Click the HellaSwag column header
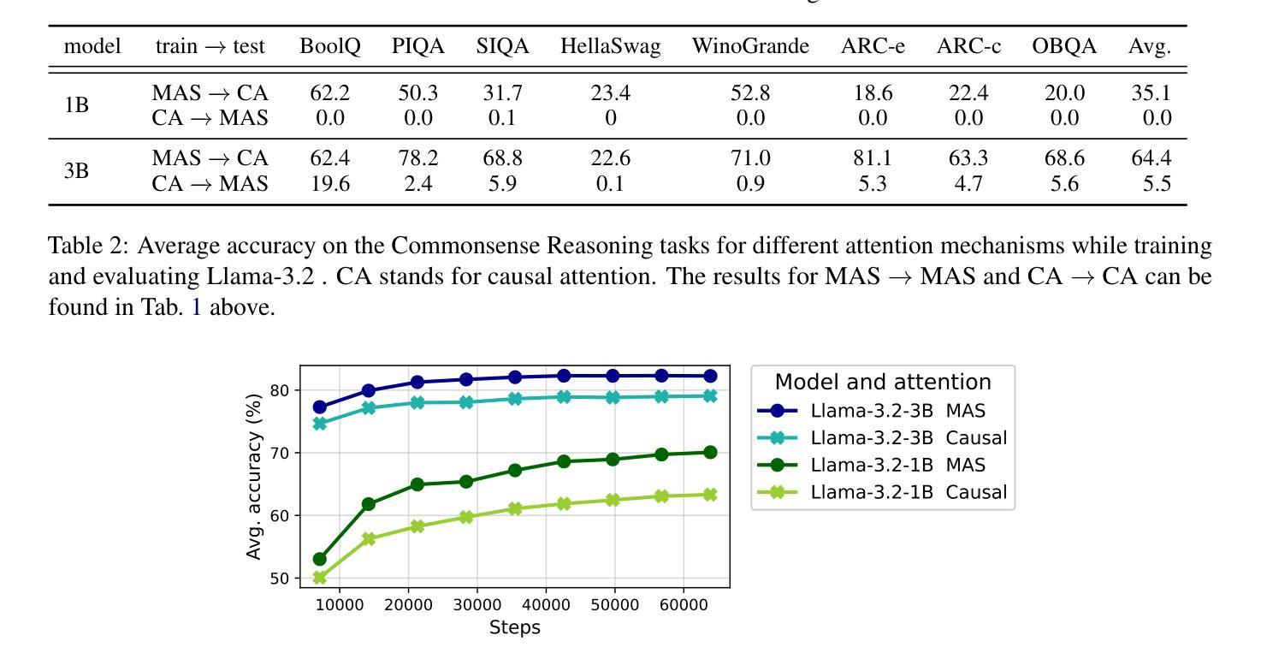point(610,46)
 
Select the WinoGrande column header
point(750,45)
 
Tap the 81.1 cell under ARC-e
point(873,158)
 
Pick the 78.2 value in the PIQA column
point(417,158)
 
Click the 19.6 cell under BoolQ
point(330,183)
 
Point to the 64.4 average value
point(1151,158)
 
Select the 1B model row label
point(76,105)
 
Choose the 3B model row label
point(76,170)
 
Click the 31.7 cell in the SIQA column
point(503,93)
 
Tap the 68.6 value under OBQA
point(1064,158)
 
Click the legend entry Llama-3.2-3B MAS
point(872,411)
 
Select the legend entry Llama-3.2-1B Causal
point(882,492)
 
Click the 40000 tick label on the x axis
point(546,605)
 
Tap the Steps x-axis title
point(514,627)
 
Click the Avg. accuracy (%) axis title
point(254,477)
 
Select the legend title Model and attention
point(883,382)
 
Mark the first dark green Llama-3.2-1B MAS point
point(320,559)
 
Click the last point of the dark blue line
point(710,376)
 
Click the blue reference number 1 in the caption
point(197,307)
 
